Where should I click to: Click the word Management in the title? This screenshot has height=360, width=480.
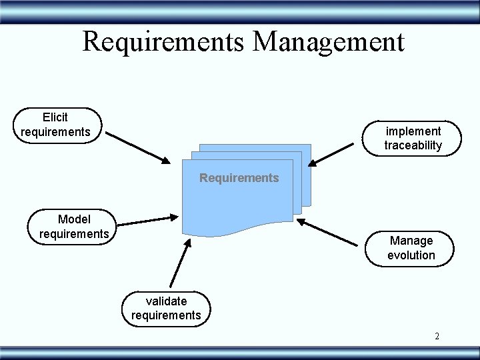pyautogui.click(x=329, y=41)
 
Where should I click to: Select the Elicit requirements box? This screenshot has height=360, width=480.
pyautogui.click(x=56, y=125)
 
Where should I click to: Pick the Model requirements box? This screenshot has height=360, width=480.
pyautogui.click(x=72, y=226)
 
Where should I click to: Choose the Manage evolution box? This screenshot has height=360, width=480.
pyautogui.click(x=411, y=247)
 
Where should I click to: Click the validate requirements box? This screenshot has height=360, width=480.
pyautogui.click(x=166, y=308)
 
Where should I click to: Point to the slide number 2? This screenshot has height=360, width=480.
pyautogui.click(x=437, y=336)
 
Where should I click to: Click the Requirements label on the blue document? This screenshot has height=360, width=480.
pyautogui.click(x=239, y=178)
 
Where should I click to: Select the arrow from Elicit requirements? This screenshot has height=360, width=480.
pyautogui.click(x=139, y=147)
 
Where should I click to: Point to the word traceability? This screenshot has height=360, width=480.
pyautogui.click(x=413, y=145)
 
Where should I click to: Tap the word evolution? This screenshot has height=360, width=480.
pyautogui.click(x=411, y=255)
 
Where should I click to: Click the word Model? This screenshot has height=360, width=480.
pyautogui.click(x=74, y=219)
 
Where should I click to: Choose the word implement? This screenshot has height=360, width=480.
pyautogui.click(x=413, y=131)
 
